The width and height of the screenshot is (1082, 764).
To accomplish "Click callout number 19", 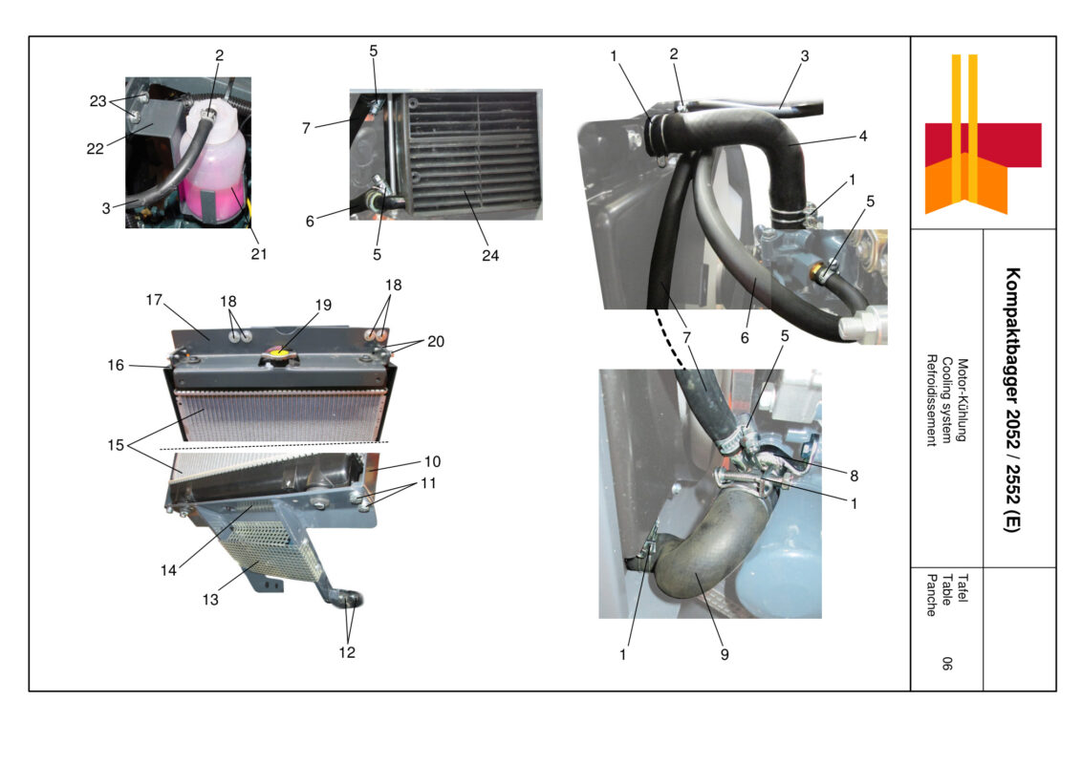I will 323,306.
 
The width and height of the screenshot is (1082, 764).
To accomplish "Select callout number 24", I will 490,255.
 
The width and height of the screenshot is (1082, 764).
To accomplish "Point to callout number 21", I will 259,254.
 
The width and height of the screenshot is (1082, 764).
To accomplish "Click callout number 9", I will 725,654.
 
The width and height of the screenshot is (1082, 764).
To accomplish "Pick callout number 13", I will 210,600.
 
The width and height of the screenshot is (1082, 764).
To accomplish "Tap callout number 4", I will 862,137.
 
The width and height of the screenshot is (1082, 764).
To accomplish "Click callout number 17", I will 155,300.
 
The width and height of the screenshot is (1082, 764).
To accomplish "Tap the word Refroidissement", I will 931,400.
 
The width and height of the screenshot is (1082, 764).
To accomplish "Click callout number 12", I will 346,653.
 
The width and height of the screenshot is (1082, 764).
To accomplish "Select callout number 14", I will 168,570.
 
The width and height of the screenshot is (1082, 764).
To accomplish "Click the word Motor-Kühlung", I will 963,400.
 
